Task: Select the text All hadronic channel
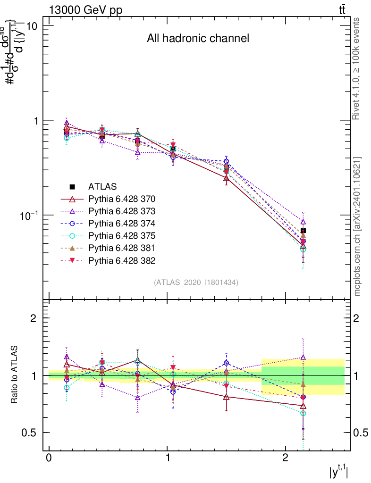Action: tap(197, 38)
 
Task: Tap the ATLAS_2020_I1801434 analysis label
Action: tap(196, 283)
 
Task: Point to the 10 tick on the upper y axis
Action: tap(32, 25)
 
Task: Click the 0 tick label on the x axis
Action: tap(49, 458)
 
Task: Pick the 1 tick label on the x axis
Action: tap(167, 458)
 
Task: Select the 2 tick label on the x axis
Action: tap(285, 458)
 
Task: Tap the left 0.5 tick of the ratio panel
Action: tap(31, 433)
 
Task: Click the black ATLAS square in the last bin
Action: tap(303, 230)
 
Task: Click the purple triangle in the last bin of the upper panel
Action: tap(303, 222)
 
